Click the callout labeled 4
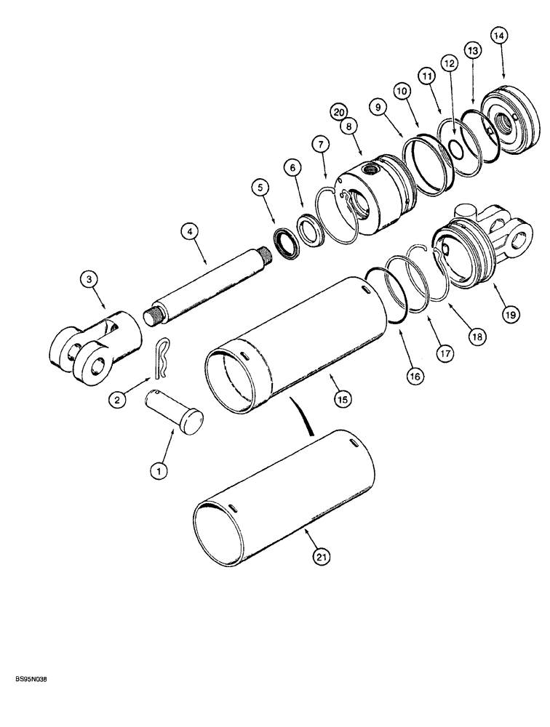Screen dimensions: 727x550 [190, 233]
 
